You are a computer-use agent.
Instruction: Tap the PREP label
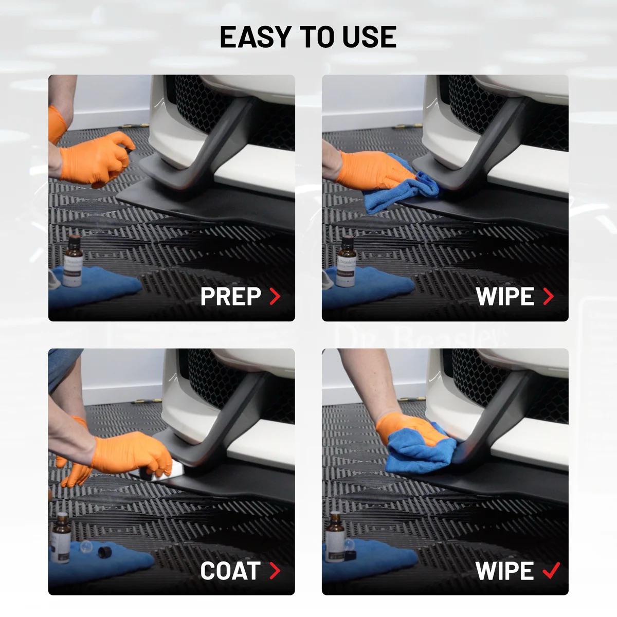[230, 297]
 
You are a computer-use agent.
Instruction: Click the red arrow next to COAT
[275, 571]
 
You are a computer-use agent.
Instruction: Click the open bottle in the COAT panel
[61, 535]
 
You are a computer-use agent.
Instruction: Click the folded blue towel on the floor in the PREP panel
[103, 285]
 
